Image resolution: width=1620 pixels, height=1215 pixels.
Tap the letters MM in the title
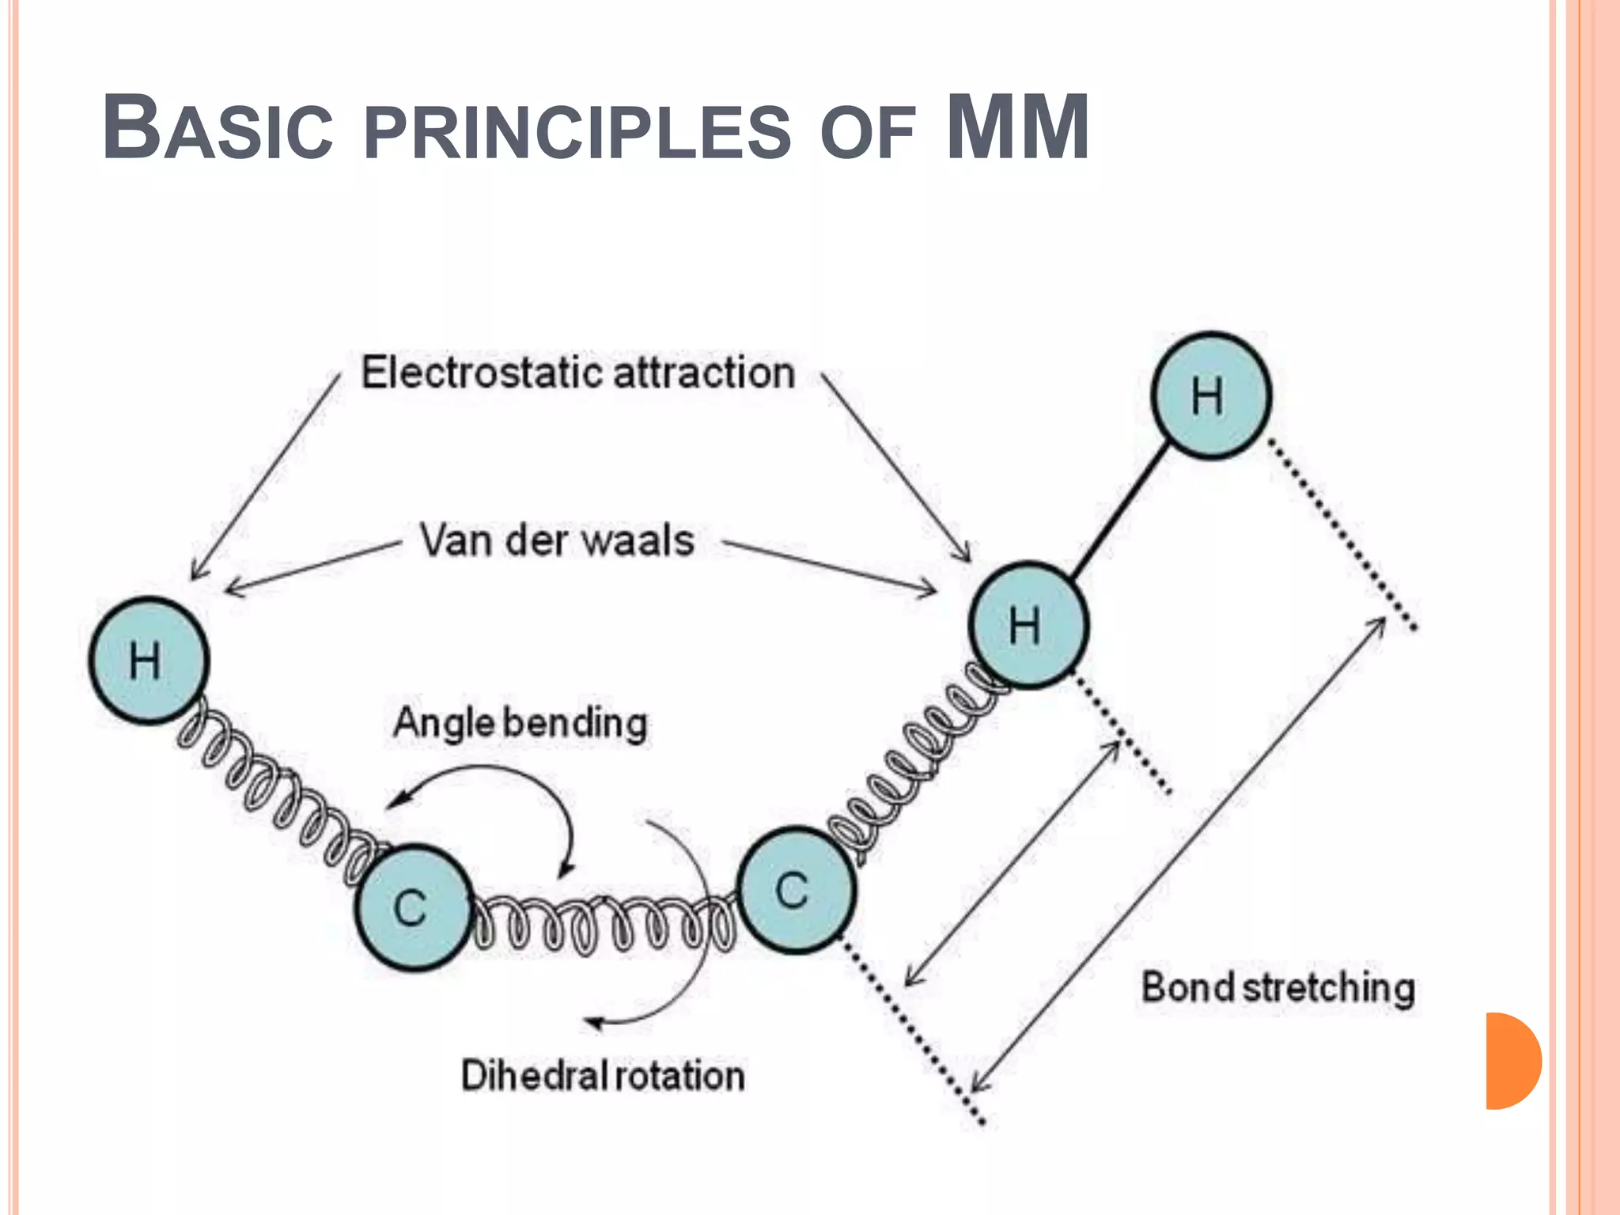[x=1018, y=127]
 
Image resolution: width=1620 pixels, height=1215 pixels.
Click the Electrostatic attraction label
[x=577, y=373]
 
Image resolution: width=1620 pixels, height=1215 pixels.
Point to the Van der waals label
[x=557, y=541]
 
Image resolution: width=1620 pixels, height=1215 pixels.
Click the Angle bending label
[x=520, y=723]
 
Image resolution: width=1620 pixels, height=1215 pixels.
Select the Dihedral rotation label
[x=603, y=1076]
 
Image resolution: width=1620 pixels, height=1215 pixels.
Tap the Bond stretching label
[x=1277, y=988]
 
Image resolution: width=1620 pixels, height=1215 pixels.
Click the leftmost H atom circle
[x=149, y=661]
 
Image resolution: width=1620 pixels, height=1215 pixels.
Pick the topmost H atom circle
[x=1210, y=396]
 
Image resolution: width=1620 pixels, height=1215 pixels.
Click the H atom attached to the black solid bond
[x=1028, y=625]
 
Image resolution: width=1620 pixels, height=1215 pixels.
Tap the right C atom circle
[x=796, y=890]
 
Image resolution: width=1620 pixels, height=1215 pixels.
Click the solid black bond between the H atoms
[x=1119, y=510]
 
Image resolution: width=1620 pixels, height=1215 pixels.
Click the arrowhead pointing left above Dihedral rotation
[x=593, y=1023]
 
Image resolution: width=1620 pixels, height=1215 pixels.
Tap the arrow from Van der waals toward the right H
[x=831, y=566]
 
